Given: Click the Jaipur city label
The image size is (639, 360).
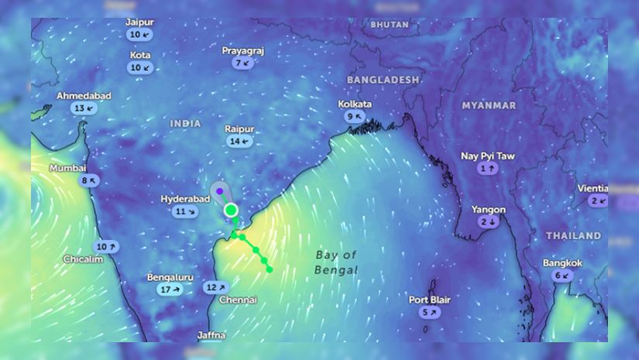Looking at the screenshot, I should point(139,22).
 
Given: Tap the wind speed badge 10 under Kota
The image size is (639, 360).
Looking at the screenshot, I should point(140,67).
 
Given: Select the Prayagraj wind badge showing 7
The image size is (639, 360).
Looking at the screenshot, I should point(242,63).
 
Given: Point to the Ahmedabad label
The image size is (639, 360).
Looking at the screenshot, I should point(84,96).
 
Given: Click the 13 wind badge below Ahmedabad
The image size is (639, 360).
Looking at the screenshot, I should point(84,108).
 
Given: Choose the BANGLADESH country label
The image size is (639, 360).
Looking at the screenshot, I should point(383,80).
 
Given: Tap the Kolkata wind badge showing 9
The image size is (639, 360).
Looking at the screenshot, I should point(355,116).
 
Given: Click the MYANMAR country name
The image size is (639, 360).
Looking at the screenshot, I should point(489,105).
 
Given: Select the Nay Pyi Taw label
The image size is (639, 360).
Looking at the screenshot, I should point(487,156).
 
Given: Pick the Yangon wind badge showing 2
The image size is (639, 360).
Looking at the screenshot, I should point(488,222).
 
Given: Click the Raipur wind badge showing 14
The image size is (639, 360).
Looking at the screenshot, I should point(239,142).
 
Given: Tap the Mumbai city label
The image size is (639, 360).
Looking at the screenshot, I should point(68,168).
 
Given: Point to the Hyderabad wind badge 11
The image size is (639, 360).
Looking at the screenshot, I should point(185,211).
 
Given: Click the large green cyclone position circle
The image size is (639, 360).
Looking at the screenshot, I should point(230,210).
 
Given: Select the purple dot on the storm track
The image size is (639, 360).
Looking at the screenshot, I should point(220,190).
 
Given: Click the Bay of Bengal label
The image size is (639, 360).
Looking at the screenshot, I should point(337,262).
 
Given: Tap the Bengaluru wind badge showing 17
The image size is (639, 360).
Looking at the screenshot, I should point(170,290).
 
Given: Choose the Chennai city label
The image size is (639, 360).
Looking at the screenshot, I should point(236,300).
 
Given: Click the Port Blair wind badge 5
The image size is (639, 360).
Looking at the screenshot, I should point(429,312).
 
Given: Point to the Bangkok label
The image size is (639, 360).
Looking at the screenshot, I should point(562,263).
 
